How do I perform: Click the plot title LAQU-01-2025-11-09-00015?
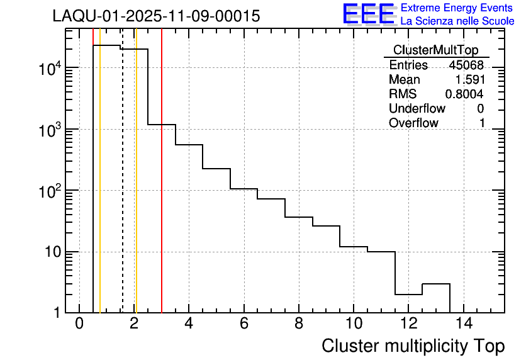[156, 16]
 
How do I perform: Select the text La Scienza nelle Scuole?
[457, 21]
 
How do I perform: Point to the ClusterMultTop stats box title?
[435, 50]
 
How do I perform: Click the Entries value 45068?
[466, 65]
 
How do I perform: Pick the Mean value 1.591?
[469, 80]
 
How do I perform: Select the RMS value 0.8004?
[464, 94]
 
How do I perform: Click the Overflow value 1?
[482, 123]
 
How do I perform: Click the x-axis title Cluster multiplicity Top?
[413, 346]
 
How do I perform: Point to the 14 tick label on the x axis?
[463, 324]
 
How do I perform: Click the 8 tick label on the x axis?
[299, 324]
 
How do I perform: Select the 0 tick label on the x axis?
[79, 324]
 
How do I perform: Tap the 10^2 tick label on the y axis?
[47, 191]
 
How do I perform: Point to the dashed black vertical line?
[123, 189]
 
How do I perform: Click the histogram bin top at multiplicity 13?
[435, 284]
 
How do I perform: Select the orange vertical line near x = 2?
[136, 189]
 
